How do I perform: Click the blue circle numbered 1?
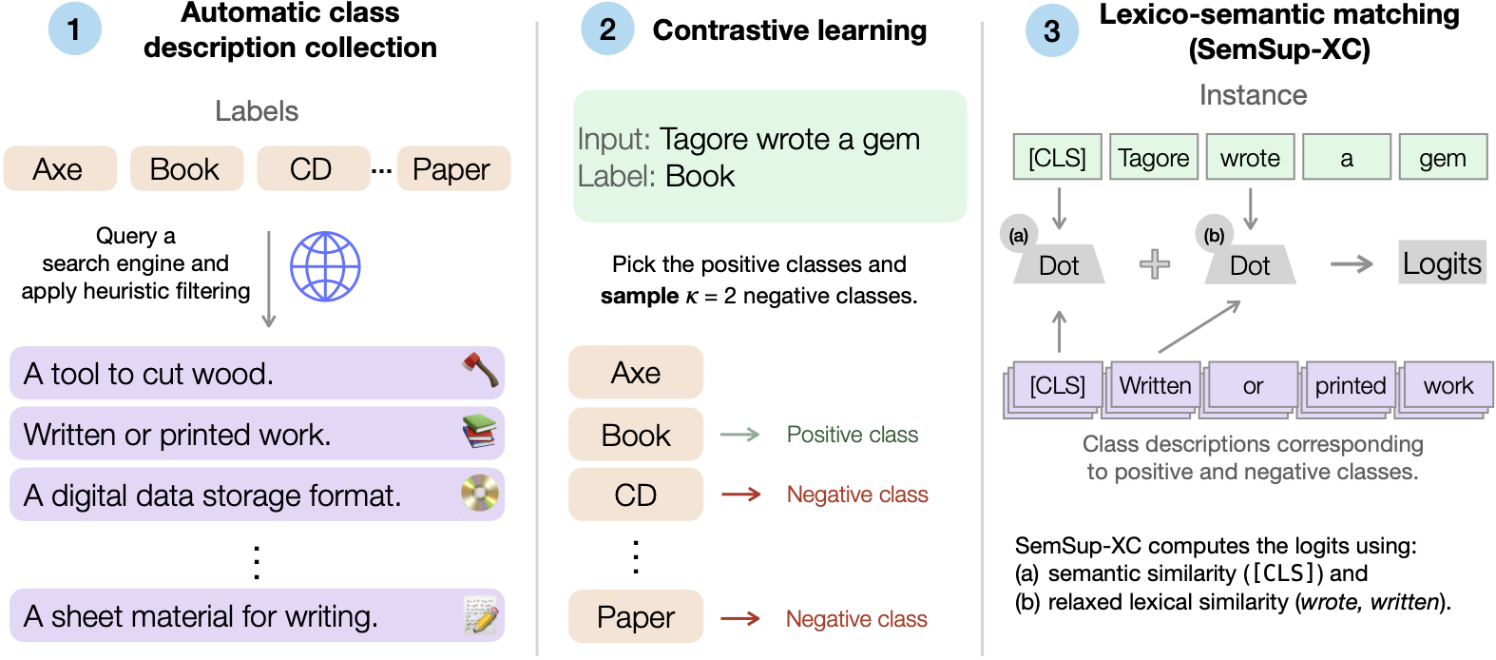[x=74, y=29]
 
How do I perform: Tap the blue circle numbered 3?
[x=1051, y=30]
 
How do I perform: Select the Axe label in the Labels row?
[x=59, y=169]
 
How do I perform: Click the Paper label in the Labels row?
[x=452, y=169]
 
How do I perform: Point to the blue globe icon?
[x=325, y=266]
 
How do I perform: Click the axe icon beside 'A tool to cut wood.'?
[x=480, y=370]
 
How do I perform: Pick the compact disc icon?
[x=480, y=493]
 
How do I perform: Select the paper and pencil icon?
[x=481, y=615]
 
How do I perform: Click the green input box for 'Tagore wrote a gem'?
[x=770, y=157]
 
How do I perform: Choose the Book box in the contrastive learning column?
[x=636, y=435]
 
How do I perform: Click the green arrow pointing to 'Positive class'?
[x=740, y=435]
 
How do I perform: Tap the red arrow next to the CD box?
[x=740, y=495]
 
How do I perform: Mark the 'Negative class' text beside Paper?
[x=856, y=619]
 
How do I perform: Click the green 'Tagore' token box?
[x=1154, y=158]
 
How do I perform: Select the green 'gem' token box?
[x=1443, y=158]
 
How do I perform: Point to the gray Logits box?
[x=1442, y=263]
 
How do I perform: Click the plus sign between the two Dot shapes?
[x=1155, y=263]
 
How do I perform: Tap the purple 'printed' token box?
[x=1351, y=385]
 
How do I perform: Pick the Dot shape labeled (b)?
[x=1250, y=265]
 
